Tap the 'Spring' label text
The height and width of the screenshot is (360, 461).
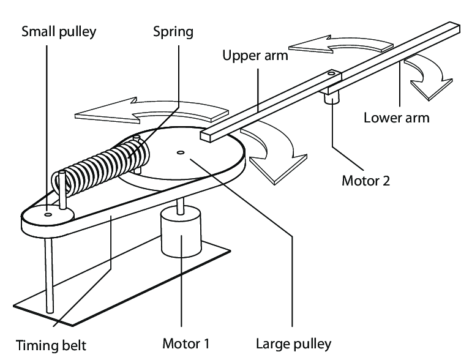point(173,32)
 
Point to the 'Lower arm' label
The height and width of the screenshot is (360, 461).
point(396,117)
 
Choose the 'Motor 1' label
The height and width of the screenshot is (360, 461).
point(186,343)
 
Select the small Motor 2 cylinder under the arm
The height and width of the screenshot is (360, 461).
point(332,97)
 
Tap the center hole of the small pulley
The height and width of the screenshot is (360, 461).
point(48,214)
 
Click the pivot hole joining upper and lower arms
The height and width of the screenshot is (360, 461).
point(331,74)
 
